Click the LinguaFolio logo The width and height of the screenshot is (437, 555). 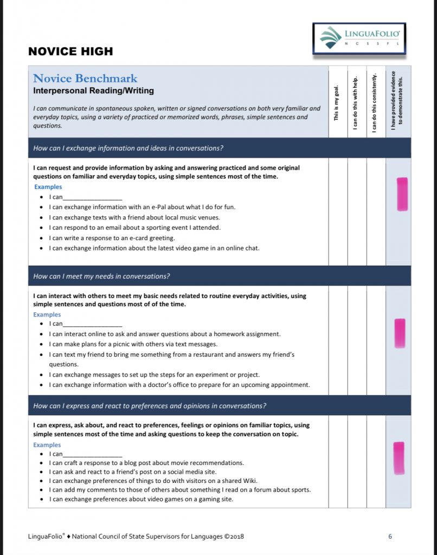coord(358,38)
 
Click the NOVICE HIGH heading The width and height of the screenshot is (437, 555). coord(70,51)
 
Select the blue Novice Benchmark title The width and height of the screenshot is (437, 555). coord(85,79)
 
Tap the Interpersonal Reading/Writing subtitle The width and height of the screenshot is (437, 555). coord(93,91)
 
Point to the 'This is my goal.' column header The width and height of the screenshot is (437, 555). coord(337,103)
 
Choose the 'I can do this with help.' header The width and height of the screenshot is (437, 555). coord(356,103)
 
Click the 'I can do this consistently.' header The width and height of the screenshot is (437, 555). coord(375,103)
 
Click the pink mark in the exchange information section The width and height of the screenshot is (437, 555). coord(402,194)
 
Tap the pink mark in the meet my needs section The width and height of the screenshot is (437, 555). coord(400,333)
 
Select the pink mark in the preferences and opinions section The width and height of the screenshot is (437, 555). coord(399,458)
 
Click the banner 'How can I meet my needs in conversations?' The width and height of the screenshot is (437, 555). coord(102,276)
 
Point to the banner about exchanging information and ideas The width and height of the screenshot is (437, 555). coord(128,148)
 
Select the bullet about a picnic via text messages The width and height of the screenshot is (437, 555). coord(133,344)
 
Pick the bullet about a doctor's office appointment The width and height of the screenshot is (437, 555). coord(179,385)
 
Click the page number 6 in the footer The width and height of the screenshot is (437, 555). coord(390,537)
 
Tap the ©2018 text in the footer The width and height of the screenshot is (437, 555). coord(234,537)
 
